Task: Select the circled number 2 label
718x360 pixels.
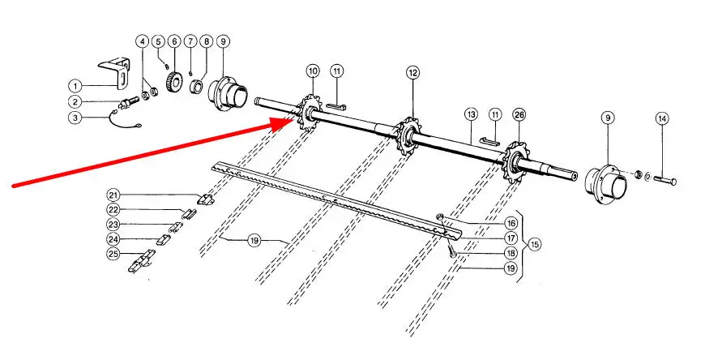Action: point(75,101)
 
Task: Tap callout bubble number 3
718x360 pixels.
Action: point(75,118)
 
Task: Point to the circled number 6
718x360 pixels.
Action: point(173,41)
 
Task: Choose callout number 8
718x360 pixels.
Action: point(206,41)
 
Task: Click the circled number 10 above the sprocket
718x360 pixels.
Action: point(312,72)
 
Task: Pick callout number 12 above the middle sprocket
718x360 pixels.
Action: point(412,72)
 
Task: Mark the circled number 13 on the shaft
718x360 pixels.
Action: point(471,116)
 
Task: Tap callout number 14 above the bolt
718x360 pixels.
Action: point(662,119)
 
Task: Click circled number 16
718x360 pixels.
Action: point(511,222)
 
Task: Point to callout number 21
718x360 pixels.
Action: point(113,195)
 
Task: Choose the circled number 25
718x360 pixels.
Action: point(113,255)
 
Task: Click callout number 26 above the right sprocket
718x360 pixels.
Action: point(519,116)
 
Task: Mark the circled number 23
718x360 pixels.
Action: point(113,225)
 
